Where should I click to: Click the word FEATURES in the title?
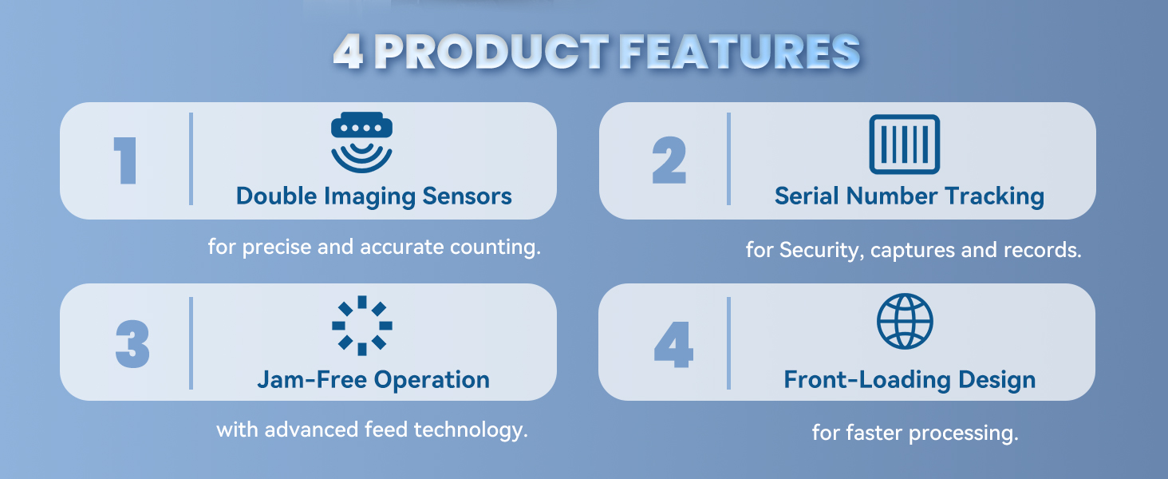click(x=740, y=51)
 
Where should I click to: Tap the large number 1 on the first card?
click(x=126, y=160)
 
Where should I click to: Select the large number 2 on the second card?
click(x=669, y=160)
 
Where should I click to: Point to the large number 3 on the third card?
click(x=132, y=344)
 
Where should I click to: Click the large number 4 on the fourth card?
click(x=673, y=344)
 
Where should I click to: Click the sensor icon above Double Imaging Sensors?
click(x=362, y=142)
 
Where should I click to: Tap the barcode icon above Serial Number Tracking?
click(x=905, y=144)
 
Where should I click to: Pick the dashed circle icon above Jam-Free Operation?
click(x=362, y=326)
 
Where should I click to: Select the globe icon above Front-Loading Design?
click(x=905, y=321)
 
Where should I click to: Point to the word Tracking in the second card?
click(x=994, y=197)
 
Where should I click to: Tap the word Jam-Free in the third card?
click(x=312, y=380)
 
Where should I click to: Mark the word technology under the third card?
click(x=471, y=430)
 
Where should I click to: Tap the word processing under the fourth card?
click(x=964, y=433)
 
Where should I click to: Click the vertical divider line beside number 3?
click(x=191, y=343)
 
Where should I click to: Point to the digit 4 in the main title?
click(x=348, y=51)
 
